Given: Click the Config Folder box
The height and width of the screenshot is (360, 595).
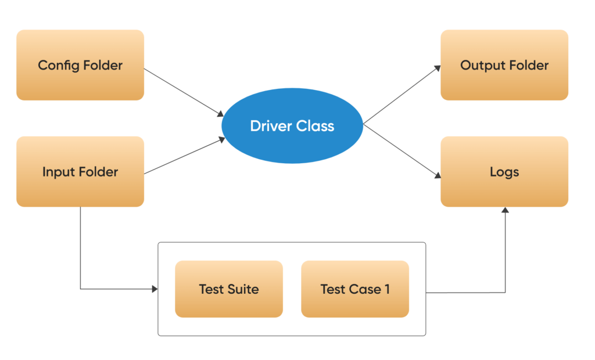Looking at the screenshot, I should [80, 65].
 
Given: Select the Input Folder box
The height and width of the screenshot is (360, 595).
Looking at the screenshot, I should [80, 171].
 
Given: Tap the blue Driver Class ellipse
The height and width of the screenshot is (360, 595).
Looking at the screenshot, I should [292, 125].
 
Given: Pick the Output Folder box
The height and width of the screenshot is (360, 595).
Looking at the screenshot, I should [504, 65].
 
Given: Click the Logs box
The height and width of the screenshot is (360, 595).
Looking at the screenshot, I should [504, 171].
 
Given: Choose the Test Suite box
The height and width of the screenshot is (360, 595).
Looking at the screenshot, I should [229, 289].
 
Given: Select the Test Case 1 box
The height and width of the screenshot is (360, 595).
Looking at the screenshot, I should [355, 289].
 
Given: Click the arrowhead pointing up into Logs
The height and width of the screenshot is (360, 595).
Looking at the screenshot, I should [505, 211].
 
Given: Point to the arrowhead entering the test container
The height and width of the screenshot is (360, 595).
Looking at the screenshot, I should [155, 289].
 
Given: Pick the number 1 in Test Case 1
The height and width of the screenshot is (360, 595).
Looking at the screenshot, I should [387, 289].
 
